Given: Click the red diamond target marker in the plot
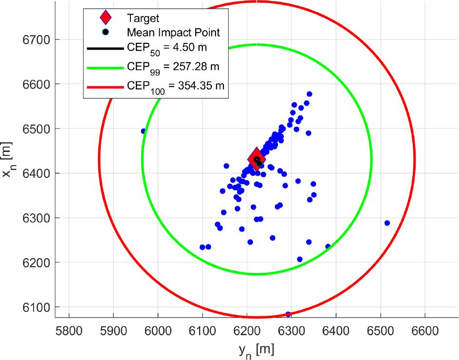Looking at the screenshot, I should [257, 159].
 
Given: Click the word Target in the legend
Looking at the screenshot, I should [143, 19].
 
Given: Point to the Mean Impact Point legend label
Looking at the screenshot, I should [173, 33].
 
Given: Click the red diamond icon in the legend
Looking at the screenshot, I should [105, 19].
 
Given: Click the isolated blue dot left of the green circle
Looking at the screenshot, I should [144, 131].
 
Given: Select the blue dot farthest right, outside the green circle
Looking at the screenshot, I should [387, 223].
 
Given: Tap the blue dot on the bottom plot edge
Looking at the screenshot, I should [288, 314].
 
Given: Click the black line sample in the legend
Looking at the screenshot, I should [105, 49].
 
